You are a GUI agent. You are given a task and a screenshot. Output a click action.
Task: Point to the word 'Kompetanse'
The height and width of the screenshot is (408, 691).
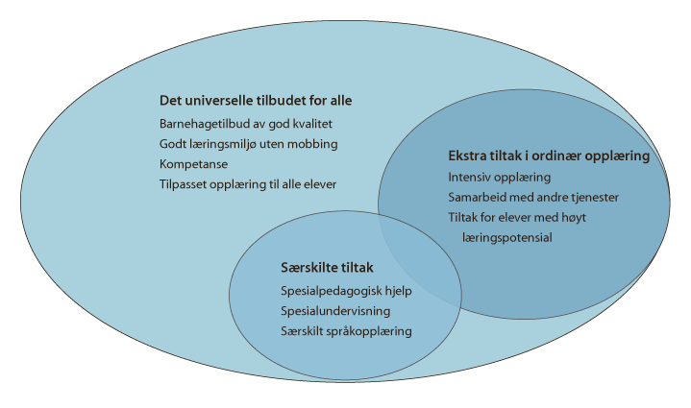(x=189, y=164)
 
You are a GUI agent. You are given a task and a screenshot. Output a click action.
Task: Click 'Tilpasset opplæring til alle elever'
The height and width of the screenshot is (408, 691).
(x=248, y=183)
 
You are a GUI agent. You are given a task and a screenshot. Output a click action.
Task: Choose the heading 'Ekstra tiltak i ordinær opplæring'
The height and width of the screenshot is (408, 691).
(x=548, y=156)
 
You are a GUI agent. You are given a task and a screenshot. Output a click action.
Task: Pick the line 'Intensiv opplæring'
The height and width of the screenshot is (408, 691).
(x=499, y=177)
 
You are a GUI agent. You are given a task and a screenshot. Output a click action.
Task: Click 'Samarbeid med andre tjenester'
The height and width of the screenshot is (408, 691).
(x=533, y=197)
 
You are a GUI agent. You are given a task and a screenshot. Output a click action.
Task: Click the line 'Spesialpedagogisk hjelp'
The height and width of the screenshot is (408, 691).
(x=339, y=291)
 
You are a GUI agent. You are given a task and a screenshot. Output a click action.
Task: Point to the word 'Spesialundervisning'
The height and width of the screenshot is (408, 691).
(x=329, y=311)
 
